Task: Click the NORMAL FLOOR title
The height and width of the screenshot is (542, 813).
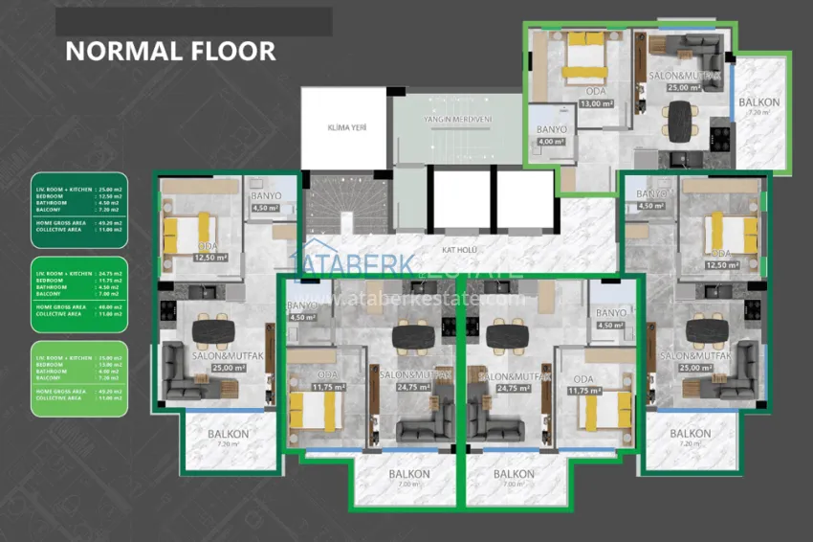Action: pyautogui.click(x=170, y=51)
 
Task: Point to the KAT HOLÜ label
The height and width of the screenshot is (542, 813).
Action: pyautogui.click(x=459, y=250)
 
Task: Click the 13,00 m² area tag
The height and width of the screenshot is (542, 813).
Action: pyautogui.click(x=596, y=103)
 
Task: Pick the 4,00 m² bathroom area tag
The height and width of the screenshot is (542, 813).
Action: pyautogui.click(x=551, y=141)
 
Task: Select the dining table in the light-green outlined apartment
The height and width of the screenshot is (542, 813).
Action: pyautogui.click(x=680, y=118)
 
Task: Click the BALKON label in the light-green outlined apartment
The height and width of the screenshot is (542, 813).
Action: pyautogui.click(x=759, y=102)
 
